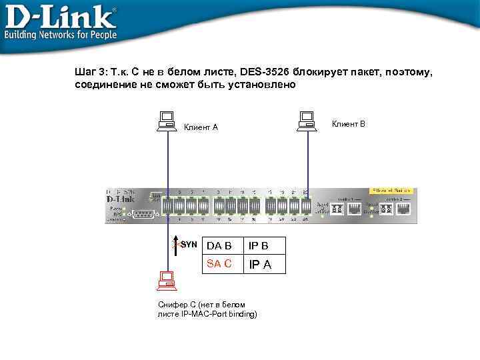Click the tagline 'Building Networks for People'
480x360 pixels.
pos(61,35)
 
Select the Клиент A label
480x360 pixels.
pos(201,127)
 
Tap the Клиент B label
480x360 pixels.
pos(349,124)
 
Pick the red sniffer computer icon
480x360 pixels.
pos(165,281)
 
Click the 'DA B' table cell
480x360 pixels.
pos(219,246)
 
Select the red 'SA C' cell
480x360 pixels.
pos(219,263)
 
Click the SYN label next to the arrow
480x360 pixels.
pos(189,245)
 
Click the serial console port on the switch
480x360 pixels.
pos(143,213)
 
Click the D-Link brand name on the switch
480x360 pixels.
pos(121,199)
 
